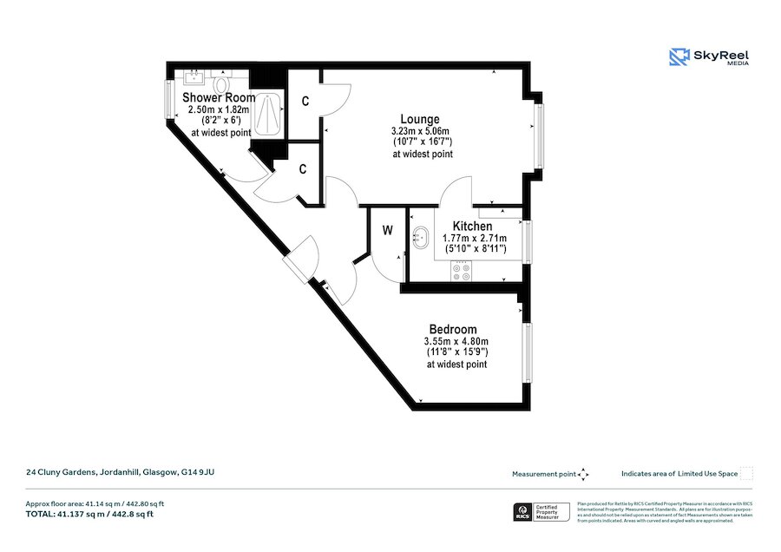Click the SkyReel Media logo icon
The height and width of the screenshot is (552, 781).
[x=679, y=57]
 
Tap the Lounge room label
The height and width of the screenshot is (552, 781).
[x=419, y=119]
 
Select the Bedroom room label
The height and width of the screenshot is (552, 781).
[x=452, y=330]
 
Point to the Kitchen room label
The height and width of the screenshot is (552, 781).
[x=472, y=227]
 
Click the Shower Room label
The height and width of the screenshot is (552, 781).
[x=219, y=98]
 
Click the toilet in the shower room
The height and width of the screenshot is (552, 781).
[x=221, y=84]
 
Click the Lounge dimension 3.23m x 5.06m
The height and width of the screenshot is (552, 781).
[x=422, y=131]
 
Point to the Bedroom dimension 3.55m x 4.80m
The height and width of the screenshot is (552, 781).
[x=456, y=341]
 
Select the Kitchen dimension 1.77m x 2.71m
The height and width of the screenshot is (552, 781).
[x=474, y=238]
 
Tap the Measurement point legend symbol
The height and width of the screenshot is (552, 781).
[x=583, y=474]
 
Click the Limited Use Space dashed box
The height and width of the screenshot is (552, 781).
[x=746, y=474]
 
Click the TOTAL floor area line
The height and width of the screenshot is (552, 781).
[x=91, y=514]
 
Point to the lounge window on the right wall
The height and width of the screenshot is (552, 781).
[x=538, y=136]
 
